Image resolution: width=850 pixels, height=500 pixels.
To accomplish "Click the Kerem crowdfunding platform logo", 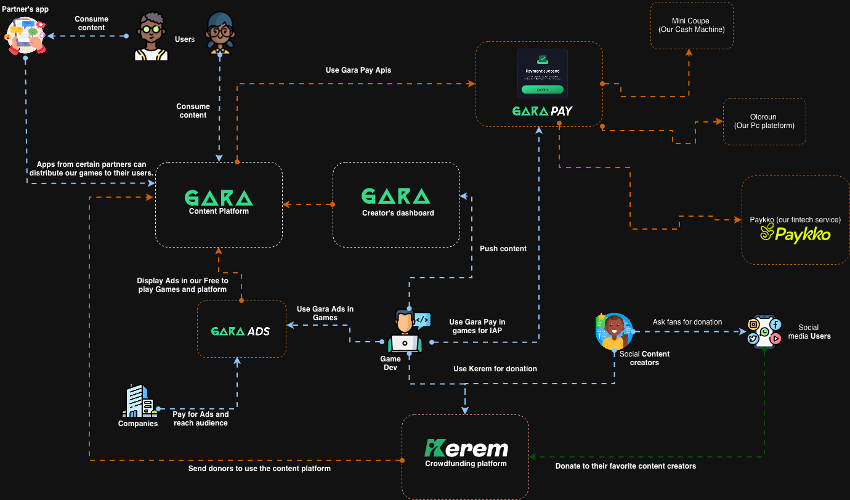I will [466, 448].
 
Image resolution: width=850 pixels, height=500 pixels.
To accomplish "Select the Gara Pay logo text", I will [543, 111].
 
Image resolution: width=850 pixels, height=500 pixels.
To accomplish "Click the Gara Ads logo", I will [240, 331].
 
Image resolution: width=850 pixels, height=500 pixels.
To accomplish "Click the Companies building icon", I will [139, 400].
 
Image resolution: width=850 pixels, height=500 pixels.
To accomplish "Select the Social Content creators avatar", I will [614, 332].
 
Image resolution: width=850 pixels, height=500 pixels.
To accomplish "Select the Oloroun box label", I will [764, 121].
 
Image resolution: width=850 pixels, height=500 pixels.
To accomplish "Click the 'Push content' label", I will [503, 249].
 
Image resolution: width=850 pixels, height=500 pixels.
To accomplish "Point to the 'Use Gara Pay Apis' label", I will [358, 70].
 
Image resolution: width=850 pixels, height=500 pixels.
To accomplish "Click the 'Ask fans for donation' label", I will [687, 322].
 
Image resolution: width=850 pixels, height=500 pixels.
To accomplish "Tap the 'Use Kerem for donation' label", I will [495, 369].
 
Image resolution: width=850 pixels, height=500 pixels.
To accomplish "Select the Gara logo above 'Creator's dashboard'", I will [395, 196].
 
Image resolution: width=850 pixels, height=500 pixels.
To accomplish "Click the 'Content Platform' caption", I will [219, 211].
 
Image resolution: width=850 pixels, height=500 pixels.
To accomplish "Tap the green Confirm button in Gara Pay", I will [542, 89].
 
